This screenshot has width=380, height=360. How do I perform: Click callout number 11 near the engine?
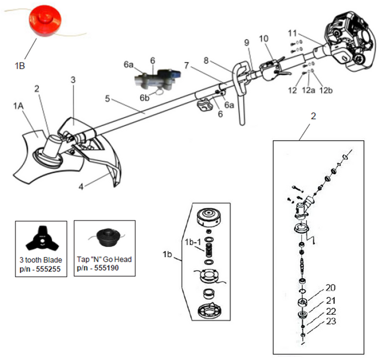[x=293, y=33]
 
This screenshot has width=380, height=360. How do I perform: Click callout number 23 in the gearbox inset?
[x=331, y=322]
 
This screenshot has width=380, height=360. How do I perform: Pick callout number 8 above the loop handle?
[x=206, y=61]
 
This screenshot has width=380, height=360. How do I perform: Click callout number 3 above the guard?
[x=73, y=80]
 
